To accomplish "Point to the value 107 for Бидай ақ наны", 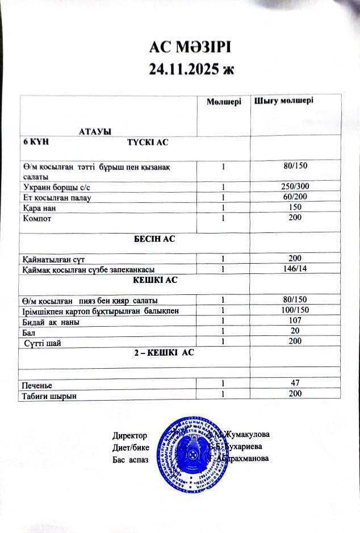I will [294, 321].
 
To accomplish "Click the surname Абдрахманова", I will [241, 458].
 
